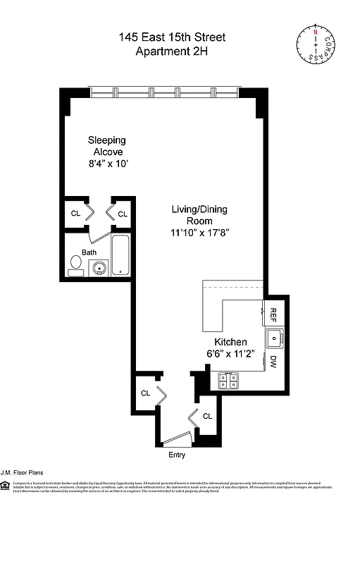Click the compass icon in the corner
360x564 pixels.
tap(315, 44)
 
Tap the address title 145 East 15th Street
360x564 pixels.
tap(172, 37)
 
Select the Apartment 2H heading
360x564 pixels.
tap(172, 51)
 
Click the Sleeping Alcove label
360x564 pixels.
tap(106, 145)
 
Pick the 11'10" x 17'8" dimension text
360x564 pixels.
tap(200, 232)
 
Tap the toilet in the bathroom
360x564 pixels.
tap(76, 265)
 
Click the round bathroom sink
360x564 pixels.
tap(100, 266)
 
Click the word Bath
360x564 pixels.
tap(89, 252)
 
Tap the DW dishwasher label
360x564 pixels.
tap(273, 363)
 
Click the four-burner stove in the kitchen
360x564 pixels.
tap(228, 381)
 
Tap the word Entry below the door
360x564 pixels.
tap(177, 455)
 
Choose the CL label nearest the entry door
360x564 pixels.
tap(207, 416)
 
